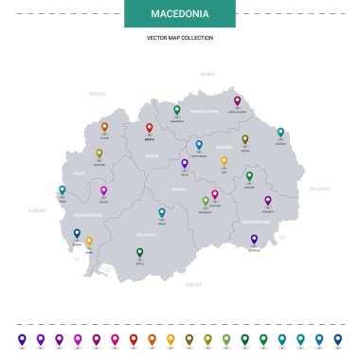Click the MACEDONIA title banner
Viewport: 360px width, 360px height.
pos(179,13)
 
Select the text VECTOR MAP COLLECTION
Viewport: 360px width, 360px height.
pos(179,38)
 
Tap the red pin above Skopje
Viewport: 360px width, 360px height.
pos(149,127)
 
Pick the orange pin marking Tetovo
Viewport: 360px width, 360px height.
pos(104,126)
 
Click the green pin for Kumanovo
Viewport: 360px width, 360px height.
pos(176,110)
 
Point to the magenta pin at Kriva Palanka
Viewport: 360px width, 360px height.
pos(237,100)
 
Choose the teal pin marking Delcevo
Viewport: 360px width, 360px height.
pos(280,133)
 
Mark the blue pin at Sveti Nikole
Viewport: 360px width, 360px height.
pos(199,145)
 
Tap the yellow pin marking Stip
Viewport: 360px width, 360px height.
pos(225,161)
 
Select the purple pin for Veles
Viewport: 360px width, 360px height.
pos(185,163)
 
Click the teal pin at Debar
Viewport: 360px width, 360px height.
pos(62,190)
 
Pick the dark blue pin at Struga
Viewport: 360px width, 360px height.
pos(77,232)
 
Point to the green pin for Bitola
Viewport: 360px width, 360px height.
pos(139,252)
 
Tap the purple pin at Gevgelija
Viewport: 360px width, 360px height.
pos(254,239)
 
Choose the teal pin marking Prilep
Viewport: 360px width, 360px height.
pos(162,213)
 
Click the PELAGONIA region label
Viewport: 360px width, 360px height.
pos(147,232)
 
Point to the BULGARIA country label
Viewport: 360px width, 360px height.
pos(318,189)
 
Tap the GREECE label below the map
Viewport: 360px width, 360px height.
pos(194,283)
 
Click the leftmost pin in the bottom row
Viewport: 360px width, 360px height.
pos(21,338)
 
